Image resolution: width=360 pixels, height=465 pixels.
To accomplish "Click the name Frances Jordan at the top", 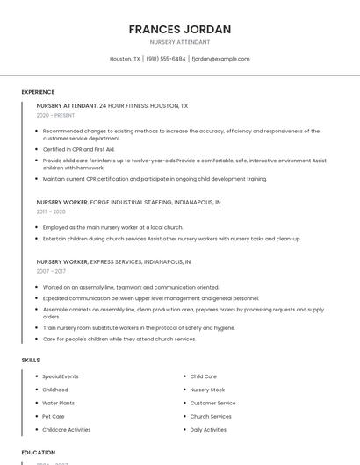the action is pos(180,29).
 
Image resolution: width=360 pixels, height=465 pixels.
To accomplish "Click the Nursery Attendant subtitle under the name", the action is pos(180,42).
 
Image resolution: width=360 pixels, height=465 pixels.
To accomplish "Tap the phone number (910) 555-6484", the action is pos(165,59).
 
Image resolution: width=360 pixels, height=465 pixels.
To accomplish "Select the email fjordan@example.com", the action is pos(220,59).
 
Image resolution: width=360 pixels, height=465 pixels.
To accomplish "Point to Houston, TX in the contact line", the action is pos(125,59).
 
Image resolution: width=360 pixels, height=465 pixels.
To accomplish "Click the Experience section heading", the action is pos(38,92).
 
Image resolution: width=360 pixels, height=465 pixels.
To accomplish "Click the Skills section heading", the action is pos(31,360).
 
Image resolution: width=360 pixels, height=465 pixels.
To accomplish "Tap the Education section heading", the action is pos(39,453).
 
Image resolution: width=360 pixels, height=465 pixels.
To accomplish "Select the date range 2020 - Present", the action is pos(55,115).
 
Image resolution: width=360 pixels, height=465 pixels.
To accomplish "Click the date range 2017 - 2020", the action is pos(51,211).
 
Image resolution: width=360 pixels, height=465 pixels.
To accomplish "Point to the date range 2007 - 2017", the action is pos(51,271).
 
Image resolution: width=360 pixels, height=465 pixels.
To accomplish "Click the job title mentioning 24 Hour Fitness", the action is pos(112,105).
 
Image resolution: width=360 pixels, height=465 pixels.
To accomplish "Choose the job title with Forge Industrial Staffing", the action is pos(128,202).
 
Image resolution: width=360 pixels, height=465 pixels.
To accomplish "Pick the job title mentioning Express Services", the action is pos(113,261).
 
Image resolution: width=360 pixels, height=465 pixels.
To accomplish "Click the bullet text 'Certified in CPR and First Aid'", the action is pos(79,149).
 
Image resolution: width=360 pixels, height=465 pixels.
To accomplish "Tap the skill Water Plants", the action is pos(60,403).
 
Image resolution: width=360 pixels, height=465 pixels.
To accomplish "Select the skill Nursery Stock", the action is pos(207,390).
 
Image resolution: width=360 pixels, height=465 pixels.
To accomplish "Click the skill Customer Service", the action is pos(212,403).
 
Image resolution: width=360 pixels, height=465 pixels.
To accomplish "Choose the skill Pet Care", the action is pos(54,416).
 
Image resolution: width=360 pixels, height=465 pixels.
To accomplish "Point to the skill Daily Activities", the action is pos(208,430).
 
